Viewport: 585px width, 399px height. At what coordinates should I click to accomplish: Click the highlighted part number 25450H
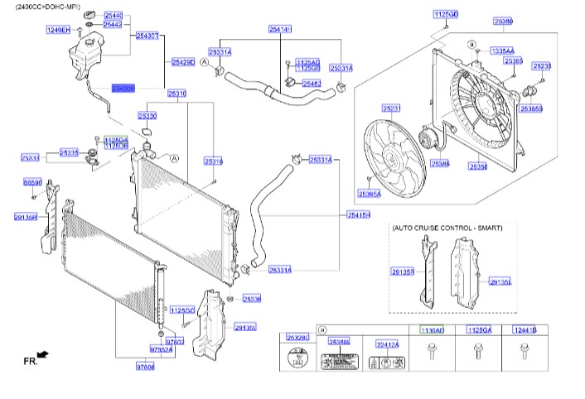[x=123, y=87]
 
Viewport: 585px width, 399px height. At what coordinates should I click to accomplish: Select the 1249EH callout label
[x=57, y=29]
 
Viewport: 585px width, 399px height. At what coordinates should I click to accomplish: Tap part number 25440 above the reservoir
[x=113, y=16]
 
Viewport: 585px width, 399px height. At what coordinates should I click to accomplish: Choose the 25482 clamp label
[x=312, y=84]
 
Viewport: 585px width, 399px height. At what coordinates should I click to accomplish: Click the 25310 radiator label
[x=177, y=94]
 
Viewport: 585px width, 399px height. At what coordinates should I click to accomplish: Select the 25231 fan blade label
[x=390, y=108]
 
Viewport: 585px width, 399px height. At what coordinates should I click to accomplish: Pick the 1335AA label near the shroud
[x=502, y=50]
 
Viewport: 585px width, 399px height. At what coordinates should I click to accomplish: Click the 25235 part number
[x=542, y=66]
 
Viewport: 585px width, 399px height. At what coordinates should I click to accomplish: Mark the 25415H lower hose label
[x=358, y=214]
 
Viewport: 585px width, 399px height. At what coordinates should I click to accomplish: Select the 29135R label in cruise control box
[x=402, y=270]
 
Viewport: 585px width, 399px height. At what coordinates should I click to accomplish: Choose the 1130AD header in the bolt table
[x=432, y=330]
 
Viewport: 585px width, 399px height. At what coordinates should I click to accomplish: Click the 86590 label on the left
[x=32, y=181]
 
